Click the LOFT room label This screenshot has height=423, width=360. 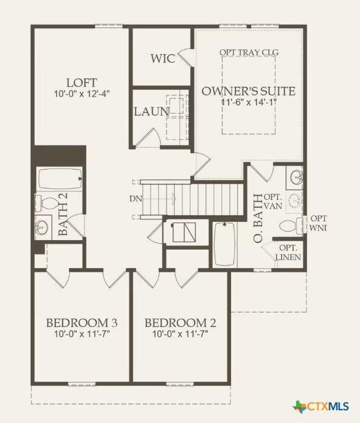click(x=81, y=82)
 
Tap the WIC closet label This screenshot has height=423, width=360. click(x=163, y=59)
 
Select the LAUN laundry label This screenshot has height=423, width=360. click(x=151, y=111)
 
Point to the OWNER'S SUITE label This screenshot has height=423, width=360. click(x=248, y=91)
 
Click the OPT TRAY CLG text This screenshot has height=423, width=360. click(x=249, y=53)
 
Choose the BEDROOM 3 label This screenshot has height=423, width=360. click(x=81, y=322)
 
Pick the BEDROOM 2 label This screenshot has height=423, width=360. click(x=181, y=322)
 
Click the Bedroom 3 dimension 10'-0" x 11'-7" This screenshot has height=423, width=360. click(x=81, y=334)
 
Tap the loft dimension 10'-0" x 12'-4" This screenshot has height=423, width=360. click(x=81, y=94)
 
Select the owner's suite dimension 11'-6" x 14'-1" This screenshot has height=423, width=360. click(x=248, y=102)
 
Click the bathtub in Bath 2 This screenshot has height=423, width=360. click(x=60, y=179)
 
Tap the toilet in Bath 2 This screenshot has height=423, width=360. click(x=49, y=201)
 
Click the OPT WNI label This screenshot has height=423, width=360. click(x=318, y=223)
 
